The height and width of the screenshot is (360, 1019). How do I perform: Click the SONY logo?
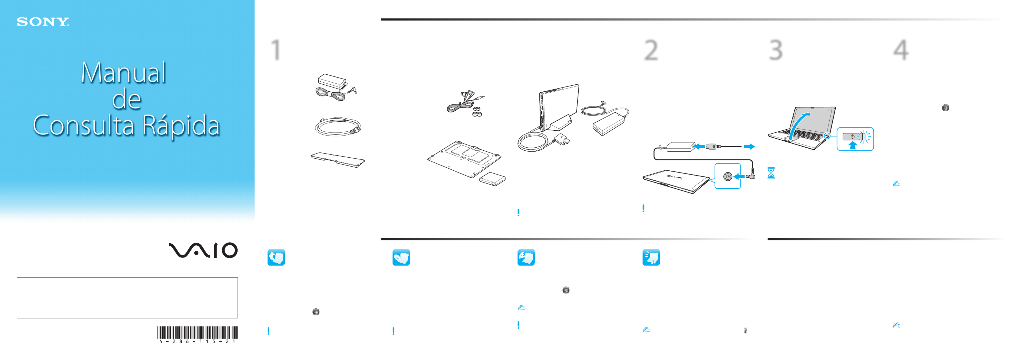[43, 22]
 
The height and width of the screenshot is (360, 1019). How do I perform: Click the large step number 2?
[651, 50]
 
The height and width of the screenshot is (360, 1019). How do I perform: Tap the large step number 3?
[776, 50]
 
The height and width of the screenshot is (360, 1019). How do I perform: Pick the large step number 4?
[901, 50]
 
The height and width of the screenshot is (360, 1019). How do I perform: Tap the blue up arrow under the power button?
[852, 145]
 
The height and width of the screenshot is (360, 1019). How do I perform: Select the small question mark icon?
[745, 331]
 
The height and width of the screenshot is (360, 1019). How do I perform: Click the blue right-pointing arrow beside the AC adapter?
[749, 147]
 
